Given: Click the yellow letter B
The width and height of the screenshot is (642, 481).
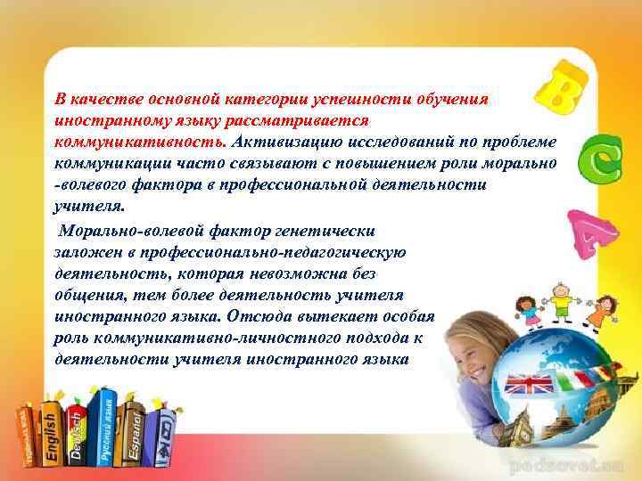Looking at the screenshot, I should point(563,89).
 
